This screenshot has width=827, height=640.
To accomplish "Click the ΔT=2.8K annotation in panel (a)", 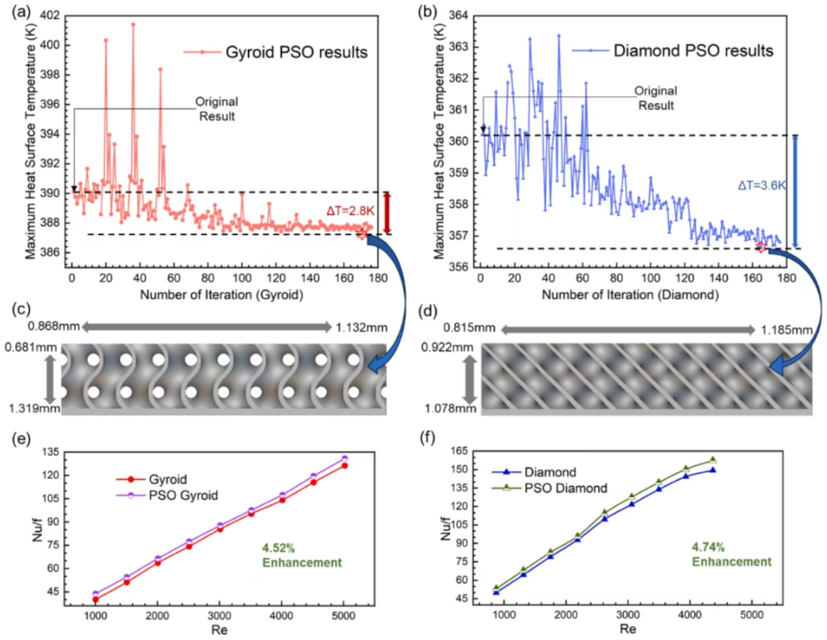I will (350, 211).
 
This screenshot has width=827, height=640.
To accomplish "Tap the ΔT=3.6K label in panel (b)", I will (762, 185).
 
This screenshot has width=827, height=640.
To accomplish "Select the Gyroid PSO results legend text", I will (296, 52).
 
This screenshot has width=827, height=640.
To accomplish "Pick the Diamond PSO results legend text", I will (693, 50).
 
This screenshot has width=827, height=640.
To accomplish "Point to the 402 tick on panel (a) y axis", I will (50, 15).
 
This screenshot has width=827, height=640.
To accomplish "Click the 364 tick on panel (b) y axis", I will (458, 15).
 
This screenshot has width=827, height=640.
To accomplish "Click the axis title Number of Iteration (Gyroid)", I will (221, 295).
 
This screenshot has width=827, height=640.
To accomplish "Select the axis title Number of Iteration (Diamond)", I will (630, 295).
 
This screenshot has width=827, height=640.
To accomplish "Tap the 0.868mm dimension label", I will (53, 327).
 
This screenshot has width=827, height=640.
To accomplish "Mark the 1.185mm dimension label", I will (786, 330).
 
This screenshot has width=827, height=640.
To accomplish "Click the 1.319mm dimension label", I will (34, 408).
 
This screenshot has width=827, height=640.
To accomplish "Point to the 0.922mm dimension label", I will (447, 347).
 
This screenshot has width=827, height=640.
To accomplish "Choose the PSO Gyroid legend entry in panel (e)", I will (183, 496).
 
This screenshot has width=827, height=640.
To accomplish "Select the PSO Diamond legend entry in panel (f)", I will (565, 488).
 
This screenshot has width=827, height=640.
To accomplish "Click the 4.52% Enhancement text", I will (301, 555).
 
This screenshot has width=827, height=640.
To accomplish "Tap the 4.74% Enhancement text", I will (731, 555).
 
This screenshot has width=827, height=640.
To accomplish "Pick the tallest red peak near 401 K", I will (133, 24).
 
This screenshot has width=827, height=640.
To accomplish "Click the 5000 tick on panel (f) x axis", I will (751, 615).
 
